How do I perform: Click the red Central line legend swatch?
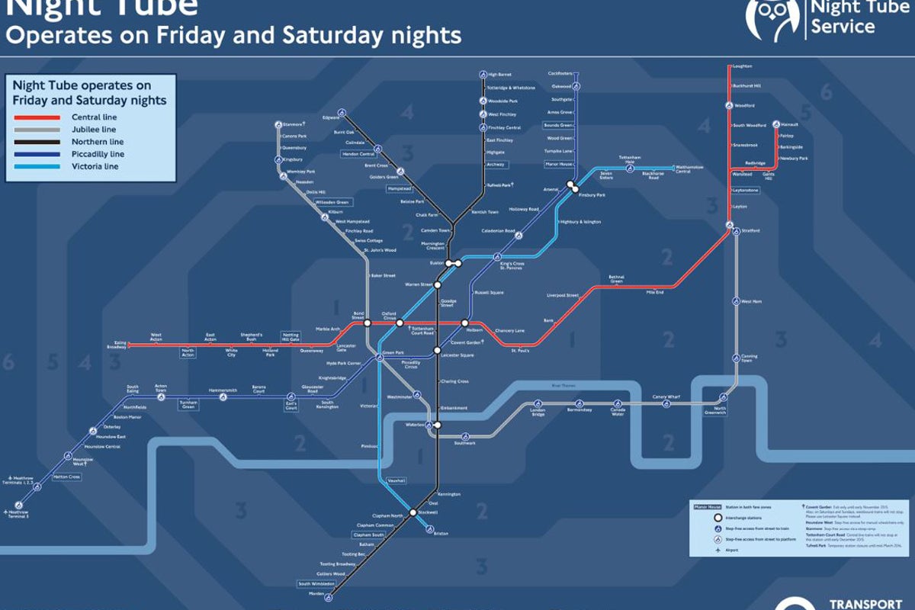click(x=37, y=117)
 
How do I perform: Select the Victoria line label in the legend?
click(x=95, y=166)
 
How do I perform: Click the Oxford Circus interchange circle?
click(x=399, y=323)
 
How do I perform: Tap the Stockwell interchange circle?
click(x=413, y=512)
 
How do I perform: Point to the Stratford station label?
click(x=750, y=230)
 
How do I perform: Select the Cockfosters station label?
click(x=560, y=74)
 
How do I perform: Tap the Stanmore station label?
click(x=293, y=124)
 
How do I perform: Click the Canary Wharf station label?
click(x=666, y=396)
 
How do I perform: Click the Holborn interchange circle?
click(x=464, y=323)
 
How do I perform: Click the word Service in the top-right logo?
click(x=842, y=27)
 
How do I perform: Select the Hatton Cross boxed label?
click(x=66, y=477)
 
